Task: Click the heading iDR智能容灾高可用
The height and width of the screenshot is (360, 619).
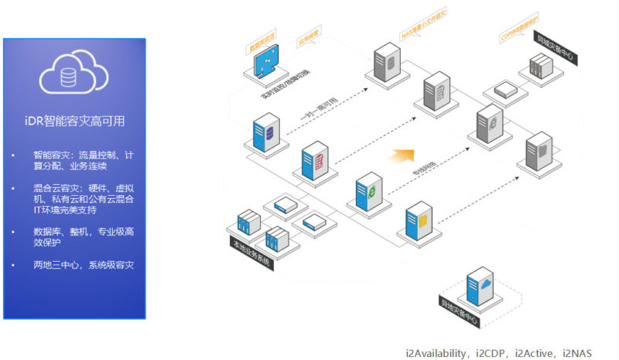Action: coord(74,122)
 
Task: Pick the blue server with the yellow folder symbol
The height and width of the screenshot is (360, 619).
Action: coord(420,221)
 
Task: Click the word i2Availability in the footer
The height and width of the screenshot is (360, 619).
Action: coord(436,353)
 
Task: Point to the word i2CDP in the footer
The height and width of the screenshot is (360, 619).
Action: coord(491,353)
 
